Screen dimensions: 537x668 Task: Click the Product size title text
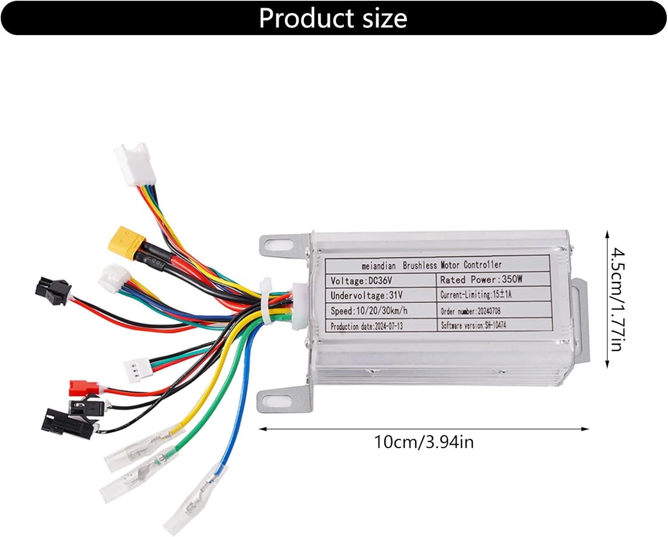tap(333, 18)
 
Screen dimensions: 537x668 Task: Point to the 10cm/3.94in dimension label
tap(424, 442)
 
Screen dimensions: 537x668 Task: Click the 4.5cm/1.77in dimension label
tap(617, 299)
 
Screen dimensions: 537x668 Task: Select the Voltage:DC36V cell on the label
tap(361, 281)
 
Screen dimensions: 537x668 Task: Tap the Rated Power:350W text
tap(481, 280)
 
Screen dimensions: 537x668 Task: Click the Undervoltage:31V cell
tap(367, 295)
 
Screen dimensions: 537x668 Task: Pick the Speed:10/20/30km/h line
tap(369, 311)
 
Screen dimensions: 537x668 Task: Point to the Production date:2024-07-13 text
tap(367, 326)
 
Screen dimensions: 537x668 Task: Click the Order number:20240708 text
tap(470, 311)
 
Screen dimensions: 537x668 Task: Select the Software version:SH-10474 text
tap(473, 325)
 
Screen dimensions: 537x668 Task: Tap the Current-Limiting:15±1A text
tap(476, 295)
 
